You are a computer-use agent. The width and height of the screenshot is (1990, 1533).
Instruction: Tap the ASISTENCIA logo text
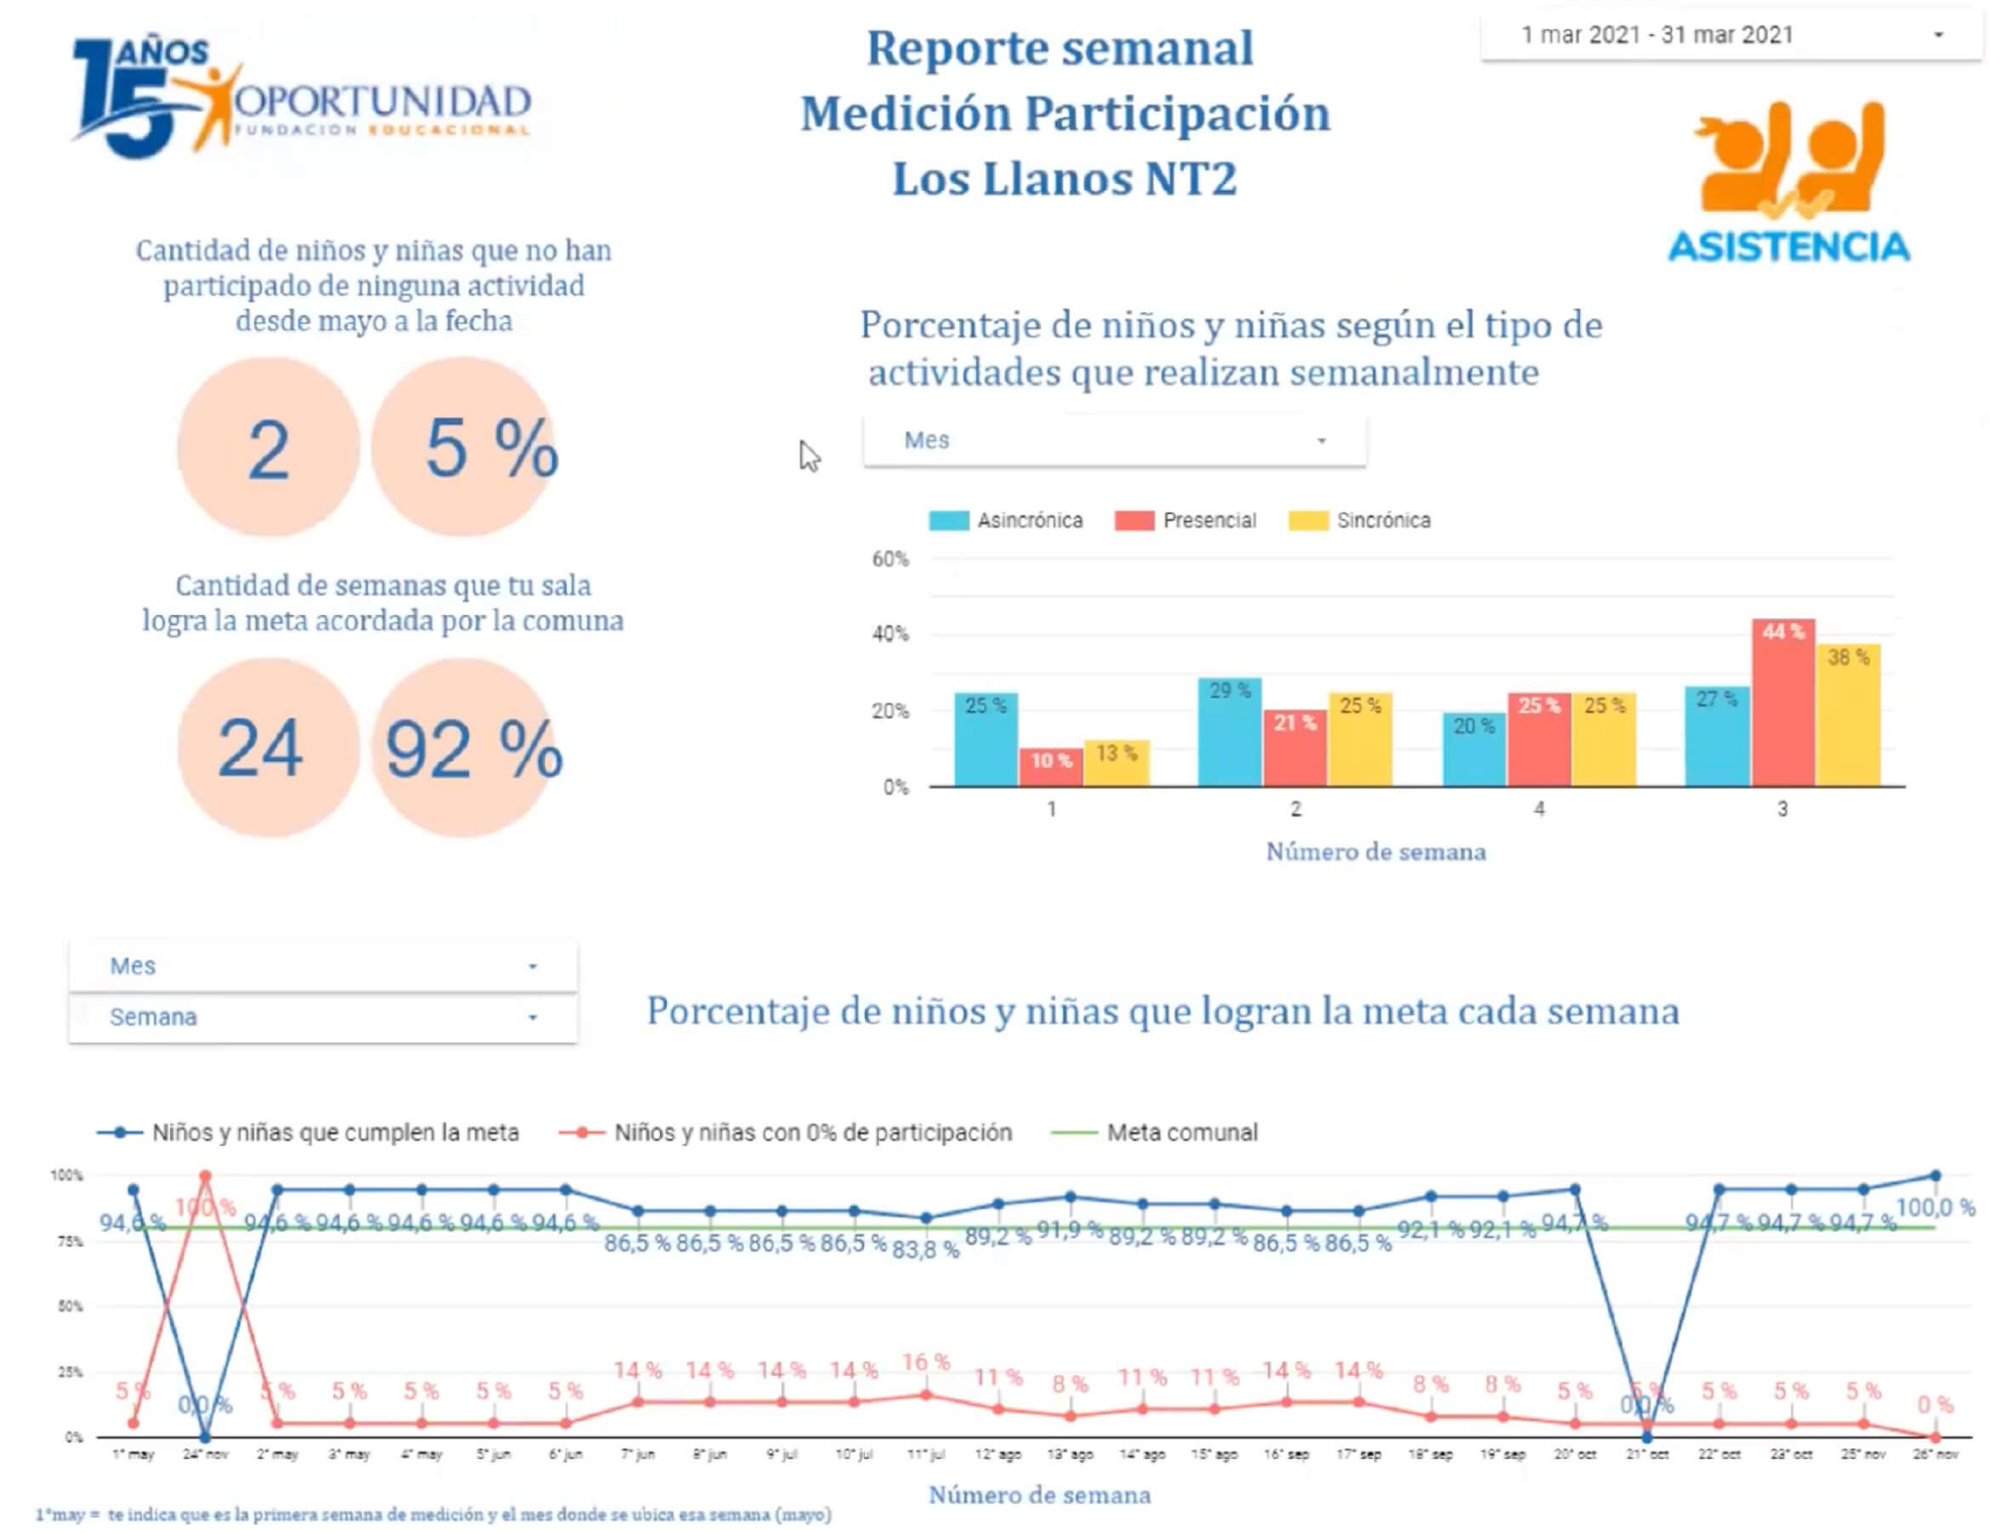pos(1788,247)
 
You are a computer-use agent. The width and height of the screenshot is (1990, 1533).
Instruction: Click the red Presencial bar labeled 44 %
pos(1782,702)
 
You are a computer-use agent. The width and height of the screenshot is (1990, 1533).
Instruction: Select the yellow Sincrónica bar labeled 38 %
pos(1848,715)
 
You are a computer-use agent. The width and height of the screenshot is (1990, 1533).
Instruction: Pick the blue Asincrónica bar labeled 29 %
pos(1229,731)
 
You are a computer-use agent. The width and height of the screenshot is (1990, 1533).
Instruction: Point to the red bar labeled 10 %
pos(1050,766)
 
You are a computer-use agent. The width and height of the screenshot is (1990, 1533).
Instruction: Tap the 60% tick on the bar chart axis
pos(890,559)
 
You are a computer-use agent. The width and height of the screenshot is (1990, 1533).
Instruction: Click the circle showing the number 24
pos(268,748)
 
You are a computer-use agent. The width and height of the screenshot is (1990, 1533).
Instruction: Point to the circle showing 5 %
pos(464,447)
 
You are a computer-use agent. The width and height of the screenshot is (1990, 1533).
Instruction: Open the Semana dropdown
pos(322,1017)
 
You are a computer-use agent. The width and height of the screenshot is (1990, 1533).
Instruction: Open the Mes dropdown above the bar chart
pos(1113,440)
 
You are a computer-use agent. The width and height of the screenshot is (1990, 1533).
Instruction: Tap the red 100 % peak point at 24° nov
pos(205,1176)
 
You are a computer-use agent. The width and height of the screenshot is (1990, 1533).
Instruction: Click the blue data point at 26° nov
pos(1936,1176)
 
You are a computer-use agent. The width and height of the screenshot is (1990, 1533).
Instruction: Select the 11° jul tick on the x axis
pos(926,1454)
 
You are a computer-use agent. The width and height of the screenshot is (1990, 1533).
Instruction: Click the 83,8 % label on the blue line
pos(926,1250)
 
